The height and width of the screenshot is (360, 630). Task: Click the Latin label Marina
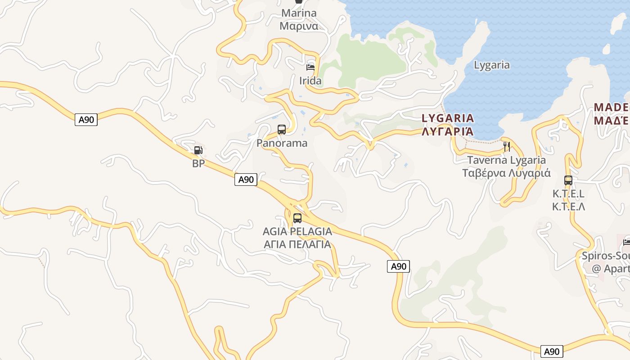pyautogui.click(x=299, y=13)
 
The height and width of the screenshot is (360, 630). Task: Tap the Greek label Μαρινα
pyautogui.click(x=299, y=26)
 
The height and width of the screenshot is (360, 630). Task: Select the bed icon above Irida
pyautogui.click(x=310, y=67)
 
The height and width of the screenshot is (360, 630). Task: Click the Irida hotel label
pyautogui.click(x=310, y=81)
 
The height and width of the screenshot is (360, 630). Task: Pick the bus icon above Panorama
pyautogui.click(x=282, y=130)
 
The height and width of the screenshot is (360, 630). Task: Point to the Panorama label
pyautogui.click(x=282, y=143)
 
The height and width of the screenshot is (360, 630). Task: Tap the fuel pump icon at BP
pyautogui.click(x=198, y=150)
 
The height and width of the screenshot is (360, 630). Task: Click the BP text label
pyautogui.click(x=198, y=163)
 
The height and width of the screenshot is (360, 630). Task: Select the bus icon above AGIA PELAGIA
pyautogui.click(x=297, y=218)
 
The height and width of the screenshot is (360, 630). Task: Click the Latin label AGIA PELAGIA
pyautogui.click(x=297, y=232)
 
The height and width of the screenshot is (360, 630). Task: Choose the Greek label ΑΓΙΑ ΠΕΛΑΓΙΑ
pyautogui.click(x=297, y=244)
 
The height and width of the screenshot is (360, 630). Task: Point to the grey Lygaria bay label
pyautogui.click(x=492, y=65)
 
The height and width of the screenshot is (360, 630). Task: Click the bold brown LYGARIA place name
pyautogui.click(x=448, y=118)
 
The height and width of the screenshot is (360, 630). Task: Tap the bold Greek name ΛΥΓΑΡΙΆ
pyautogui.click(x=448, y=131)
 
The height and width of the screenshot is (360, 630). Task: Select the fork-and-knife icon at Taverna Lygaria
pyautogui.click(x=506, y=146)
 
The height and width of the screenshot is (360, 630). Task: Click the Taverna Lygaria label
pyautogui.click(x=506, y=160)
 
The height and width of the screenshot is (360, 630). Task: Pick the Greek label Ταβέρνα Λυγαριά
pyautogui.click(x=506, y=173)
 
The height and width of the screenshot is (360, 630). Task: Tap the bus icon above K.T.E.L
pyautogui.click(x=568, y=180)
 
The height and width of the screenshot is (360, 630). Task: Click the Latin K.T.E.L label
pyautogui.click(x=568, y=194)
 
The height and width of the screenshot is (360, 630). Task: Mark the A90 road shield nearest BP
pyautogui.click(x=246, y=180)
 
